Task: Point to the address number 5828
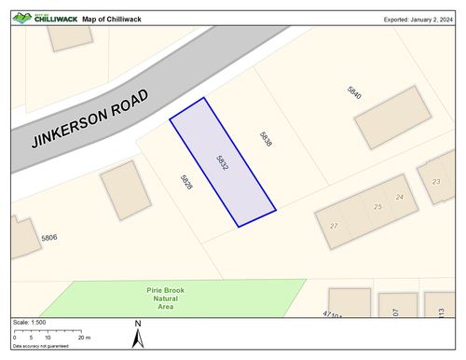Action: click(x=187, y=181)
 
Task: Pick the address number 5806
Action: click(x=49, y=238)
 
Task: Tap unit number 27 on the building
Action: click(x=334, y=226)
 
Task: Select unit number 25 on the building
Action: click(x=377, y=206)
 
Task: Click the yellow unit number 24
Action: click(x=400, y=197)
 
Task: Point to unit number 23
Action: click(x=436, y=181)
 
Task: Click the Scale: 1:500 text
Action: click(x=29, y=322)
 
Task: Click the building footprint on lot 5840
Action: click(x=392, y=117)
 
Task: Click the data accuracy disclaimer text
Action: click(x=40, y=346)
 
